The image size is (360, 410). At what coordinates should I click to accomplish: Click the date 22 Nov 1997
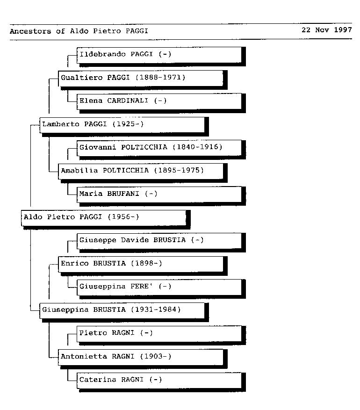pyautogui.click(x=326, y=30)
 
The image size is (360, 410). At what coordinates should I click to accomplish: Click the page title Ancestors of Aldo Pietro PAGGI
pyautogui.click(x=79, y=31)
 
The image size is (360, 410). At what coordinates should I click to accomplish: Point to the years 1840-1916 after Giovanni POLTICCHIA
pyautogui.click(x=197, y=147)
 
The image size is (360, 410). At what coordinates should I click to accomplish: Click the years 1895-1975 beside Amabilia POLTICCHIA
pyautogui.click(x=179, y=170)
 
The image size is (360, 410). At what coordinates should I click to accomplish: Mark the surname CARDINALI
pyautogui.click(x=128, y=101)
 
